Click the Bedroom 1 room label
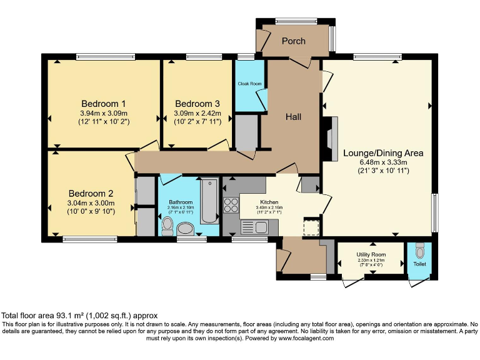(x=104, y=104)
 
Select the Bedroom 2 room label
(x=91, y=193)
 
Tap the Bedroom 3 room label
(x=197, y=104)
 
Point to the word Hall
(x=294, y=117)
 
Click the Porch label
(x=294, y=41)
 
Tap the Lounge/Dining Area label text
(x=383, y=153)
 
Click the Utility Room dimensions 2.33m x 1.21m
(x=372, y=261)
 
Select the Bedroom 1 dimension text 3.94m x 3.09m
(x=104, y=113)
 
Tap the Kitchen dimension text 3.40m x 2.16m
(x=269, y=209)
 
